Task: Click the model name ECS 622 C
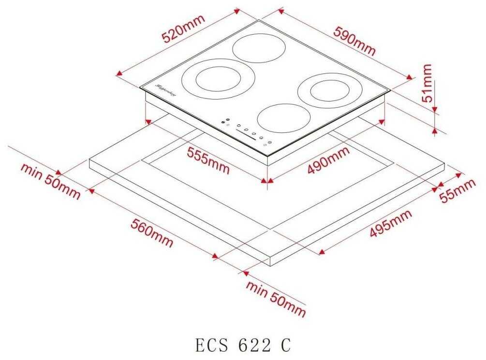coord(243,346)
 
